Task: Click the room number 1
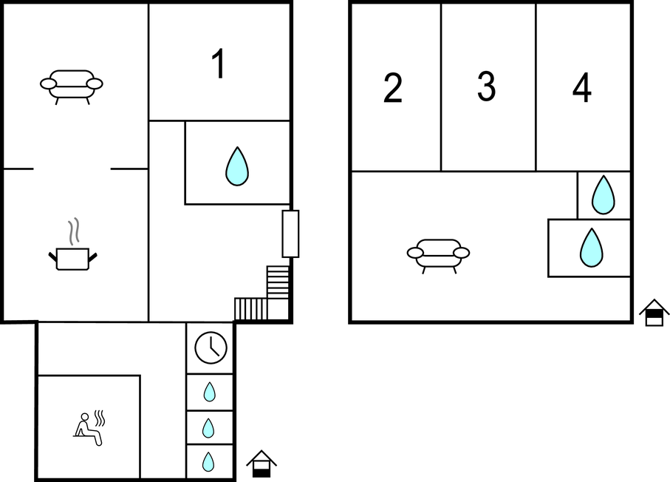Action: pos(219,64)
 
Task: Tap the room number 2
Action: pos(393,87)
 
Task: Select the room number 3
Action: pos(486,86)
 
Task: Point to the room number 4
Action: pos(581,87)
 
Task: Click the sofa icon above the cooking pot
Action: pos(72,86)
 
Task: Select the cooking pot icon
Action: pos(72,259)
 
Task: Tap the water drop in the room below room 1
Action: pos(237,166)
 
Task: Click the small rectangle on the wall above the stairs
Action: pos(290,234)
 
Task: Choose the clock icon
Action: pos(211,347)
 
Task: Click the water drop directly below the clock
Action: pos(209,392)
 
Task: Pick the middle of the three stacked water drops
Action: pos(208,428)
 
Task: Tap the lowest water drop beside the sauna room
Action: pos(208,462)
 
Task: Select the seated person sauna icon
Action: pos(89,428)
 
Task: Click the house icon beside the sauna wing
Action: pos(261,464)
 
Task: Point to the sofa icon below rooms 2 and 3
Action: pos(438,256)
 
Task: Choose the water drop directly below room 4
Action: pos(604,194)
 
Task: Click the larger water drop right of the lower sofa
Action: pos(592,248)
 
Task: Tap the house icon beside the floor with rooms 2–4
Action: pos(654,313)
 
